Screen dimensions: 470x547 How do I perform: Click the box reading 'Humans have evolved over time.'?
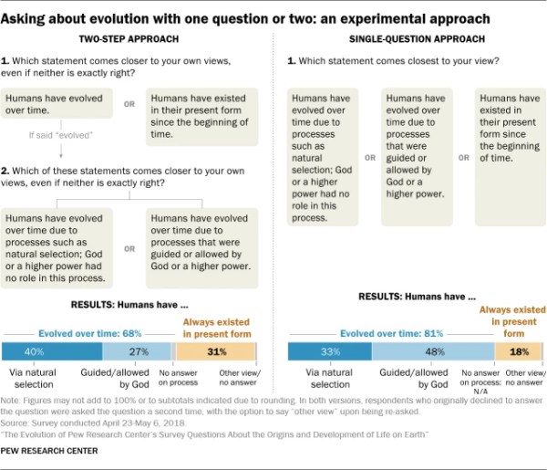pyautogui.click(x=57, y=103)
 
